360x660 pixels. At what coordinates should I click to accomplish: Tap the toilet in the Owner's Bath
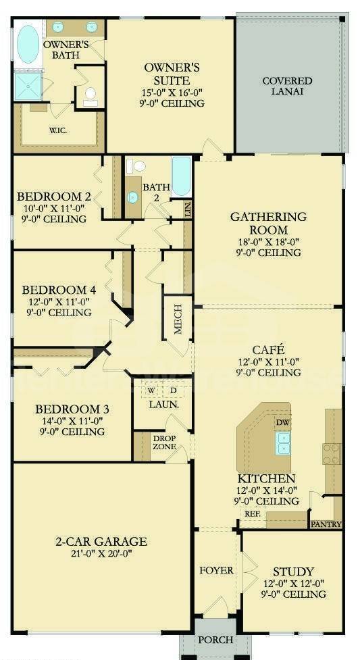(x=90, y=95)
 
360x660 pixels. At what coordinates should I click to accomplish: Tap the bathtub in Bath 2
(x=182, y=176)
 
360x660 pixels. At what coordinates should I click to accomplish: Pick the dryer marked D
(x=173, y=390)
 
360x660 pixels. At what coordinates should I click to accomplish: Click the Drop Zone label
(x=164, y=442)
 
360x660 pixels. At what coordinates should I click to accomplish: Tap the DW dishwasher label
(x=282, y=423)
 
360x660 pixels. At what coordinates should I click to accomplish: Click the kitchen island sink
(x=283, y=443)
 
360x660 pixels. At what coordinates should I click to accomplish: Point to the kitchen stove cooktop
(x=332, y=453)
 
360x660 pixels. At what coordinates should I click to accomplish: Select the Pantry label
(x=326, y=524)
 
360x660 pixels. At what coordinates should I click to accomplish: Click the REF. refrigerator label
(x=253, y=514)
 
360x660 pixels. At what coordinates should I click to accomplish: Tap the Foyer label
(x=216, y=570)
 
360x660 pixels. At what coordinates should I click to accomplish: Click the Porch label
(x=215, y=639)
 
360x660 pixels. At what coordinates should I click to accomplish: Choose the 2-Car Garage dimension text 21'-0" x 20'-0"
(x=101, y=554)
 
